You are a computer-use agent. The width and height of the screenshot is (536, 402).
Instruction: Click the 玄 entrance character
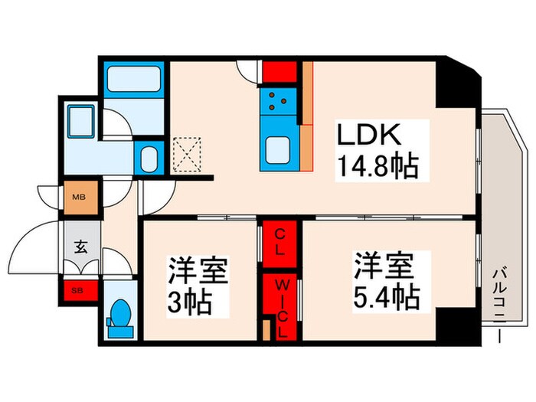tap(80, 247)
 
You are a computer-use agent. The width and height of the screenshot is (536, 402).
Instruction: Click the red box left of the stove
tap(279, 72)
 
